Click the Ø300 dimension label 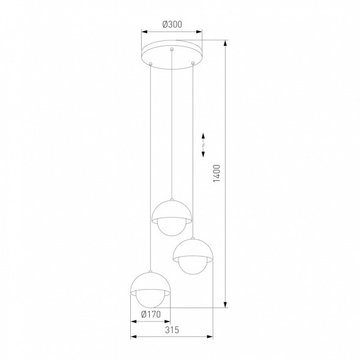point(172,24)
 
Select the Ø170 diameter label point(150,315)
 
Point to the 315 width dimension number point(172,331)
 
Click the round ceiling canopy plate point(172,54)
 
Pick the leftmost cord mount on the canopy point(150,64)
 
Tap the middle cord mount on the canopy point(172,49)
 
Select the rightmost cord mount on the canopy point(193,62)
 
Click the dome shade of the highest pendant point(172,209)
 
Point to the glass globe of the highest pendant point(172,227)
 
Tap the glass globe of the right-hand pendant point(193,266)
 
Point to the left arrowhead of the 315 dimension point(133,337)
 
